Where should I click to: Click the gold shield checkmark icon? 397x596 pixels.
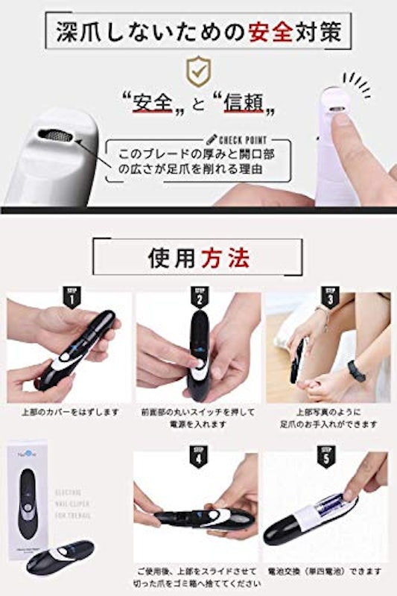pyautogui.click(x=197, y=71)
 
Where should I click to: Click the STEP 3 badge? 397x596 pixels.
pyautogui.click(x=328, y=297)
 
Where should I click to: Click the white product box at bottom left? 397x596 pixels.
pyautogui.click(x=29, y=492)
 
